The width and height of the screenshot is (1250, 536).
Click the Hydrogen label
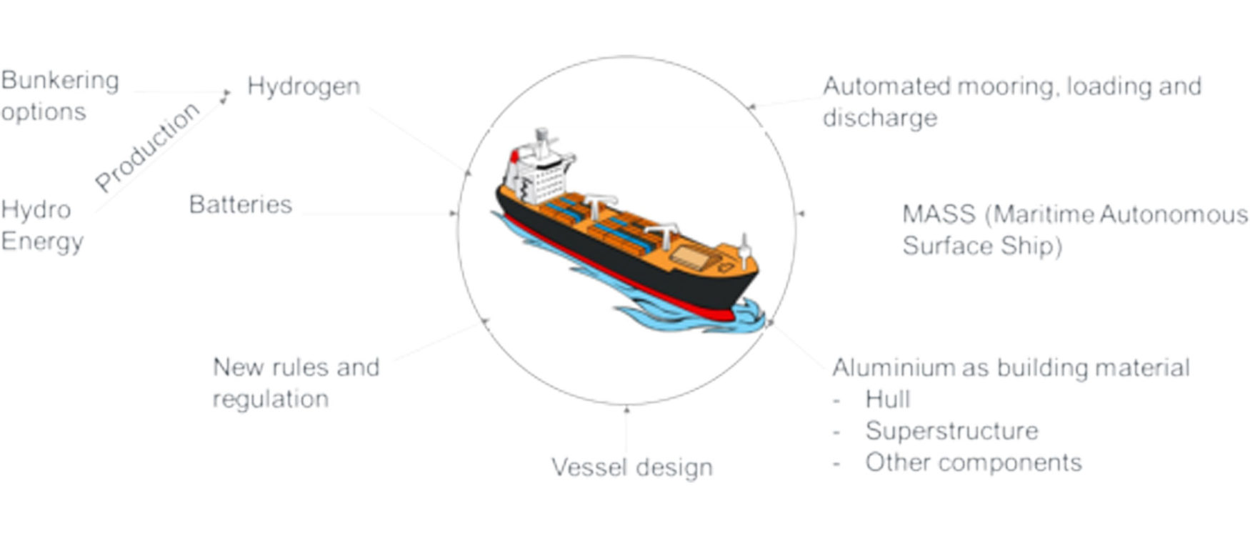pos(304,87)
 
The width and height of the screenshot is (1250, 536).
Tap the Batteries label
pos(241,204)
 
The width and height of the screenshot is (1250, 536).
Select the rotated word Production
pos(147,147)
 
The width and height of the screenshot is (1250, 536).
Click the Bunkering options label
pos(60,96)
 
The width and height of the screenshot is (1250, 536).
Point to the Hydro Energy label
pos(42,226)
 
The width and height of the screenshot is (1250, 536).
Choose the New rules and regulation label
pos(296,382)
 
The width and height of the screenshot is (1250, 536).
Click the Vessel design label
pos(632,467)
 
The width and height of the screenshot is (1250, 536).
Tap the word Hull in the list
pos(888,399)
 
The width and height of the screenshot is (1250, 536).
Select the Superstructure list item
pos(952,431)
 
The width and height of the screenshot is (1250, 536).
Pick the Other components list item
pos(974,462)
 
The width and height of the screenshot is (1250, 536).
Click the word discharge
pos(880,118)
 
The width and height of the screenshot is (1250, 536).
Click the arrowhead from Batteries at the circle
pos(454,213)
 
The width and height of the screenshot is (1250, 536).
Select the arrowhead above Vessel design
pos(626,410)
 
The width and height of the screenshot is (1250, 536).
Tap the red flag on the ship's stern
pos(513,156)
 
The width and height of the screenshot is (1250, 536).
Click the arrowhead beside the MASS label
pos(801,213)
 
